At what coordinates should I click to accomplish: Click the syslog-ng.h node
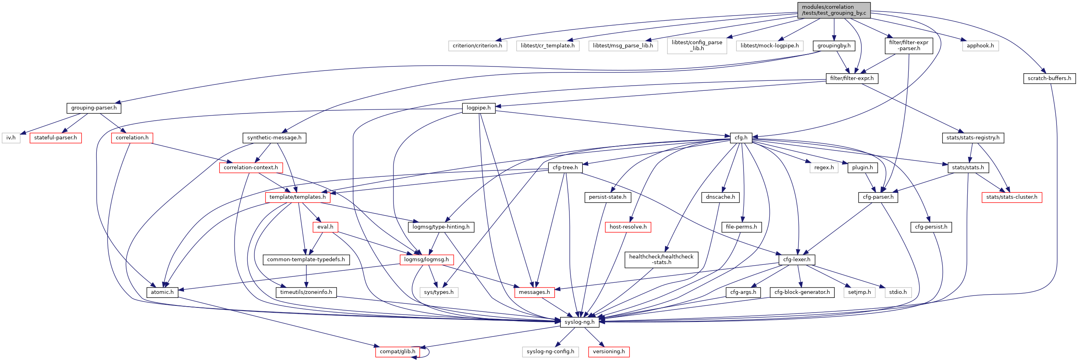579,322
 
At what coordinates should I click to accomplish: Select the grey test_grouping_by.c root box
833,10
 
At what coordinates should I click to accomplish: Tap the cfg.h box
741,138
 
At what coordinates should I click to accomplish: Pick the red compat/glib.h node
397,352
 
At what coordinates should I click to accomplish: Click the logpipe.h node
478,108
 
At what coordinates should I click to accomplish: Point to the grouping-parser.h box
94,108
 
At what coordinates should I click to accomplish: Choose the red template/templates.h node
297,197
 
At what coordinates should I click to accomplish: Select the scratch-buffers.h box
1049,78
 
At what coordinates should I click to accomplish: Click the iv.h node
11,138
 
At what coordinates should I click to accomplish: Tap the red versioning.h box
608,352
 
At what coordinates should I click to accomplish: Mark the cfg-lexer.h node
796,260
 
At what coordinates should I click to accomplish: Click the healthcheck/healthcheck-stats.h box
661,260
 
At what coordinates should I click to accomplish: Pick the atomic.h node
162,292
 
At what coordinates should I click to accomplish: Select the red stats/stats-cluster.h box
1011,197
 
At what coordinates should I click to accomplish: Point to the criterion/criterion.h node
477,46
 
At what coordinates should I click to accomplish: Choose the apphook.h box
980,46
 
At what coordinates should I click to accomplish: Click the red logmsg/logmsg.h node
426,260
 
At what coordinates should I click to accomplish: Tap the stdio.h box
898,292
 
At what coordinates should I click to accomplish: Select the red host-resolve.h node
628,227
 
